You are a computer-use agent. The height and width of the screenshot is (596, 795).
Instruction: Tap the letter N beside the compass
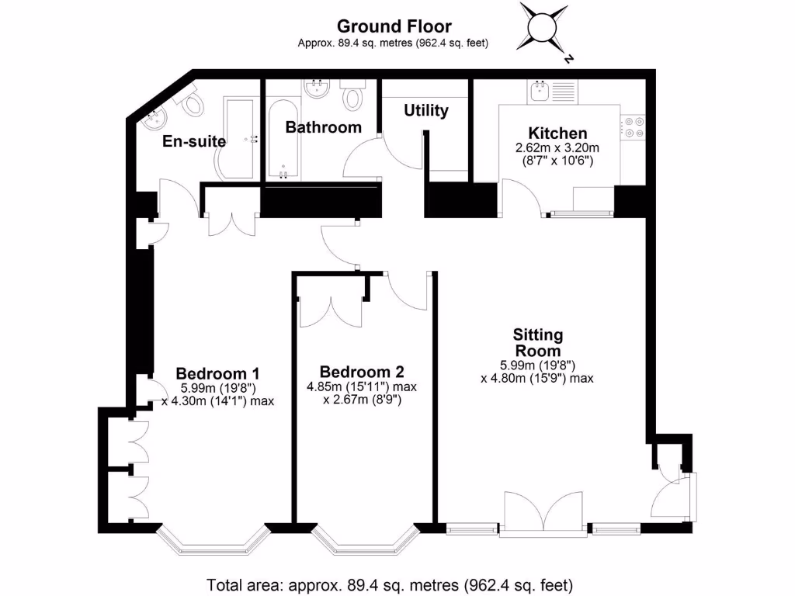pyautogui.click(x=569, y=59)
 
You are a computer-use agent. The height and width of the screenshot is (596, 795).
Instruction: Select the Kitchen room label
pyautogui.click(x=557, y=133)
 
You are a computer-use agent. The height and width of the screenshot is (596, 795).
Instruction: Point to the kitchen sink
pyautogui.click(x=538, y=92)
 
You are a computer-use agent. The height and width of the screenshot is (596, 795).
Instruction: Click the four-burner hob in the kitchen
pyautogui.click(x=632, y=127)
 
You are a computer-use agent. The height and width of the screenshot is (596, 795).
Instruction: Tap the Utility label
pyautogui.click(x=425, y=111)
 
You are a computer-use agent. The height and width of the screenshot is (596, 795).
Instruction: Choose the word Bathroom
pyautogui.click(x=323, y=126)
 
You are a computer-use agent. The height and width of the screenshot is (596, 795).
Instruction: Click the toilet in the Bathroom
pyautogui.click(x=354, y=95)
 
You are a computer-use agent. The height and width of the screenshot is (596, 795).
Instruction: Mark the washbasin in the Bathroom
pyautogui.click(x=318, y=90)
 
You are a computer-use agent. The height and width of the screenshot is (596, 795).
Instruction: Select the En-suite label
pyautogui.click(x=194, y=141)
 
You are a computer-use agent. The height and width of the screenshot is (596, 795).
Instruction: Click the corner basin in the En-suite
pyautogui.click(x=154, y=119)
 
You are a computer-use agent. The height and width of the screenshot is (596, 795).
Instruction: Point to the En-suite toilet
pyautogui.click(x=192, y=102)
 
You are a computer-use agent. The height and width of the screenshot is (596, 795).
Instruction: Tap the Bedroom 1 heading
pyautogui.click(x=217, y=372)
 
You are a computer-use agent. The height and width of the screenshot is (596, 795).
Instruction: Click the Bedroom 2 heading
pyautogui.click(x=361, y=372)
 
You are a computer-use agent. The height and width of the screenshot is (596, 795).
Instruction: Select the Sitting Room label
pyautogui.click(x=537, y=342)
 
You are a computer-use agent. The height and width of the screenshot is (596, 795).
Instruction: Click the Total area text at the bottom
pyautogui.click(x=390, y=584)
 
